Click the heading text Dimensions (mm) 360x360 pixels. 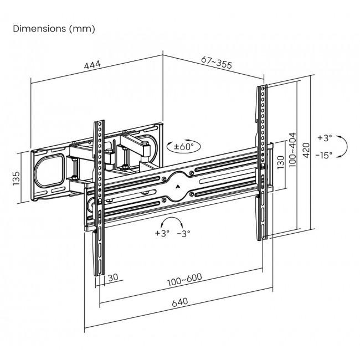pos(54,28)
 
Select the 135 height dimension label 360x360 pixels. pos(17,178)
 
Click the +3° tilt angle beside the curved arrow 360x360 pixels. pos(325,137)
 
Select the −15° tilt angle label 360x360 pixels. pos(323,156)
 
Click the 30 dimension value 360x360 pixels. pos(112,277)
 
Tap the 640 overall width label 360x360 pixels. pos(179,302)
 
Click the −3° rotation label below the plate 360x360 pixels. pos(184,233)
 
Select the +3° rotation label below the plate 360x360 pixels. pos(161,233)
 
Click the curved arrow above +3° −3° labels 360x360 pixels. pos(173,222)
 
